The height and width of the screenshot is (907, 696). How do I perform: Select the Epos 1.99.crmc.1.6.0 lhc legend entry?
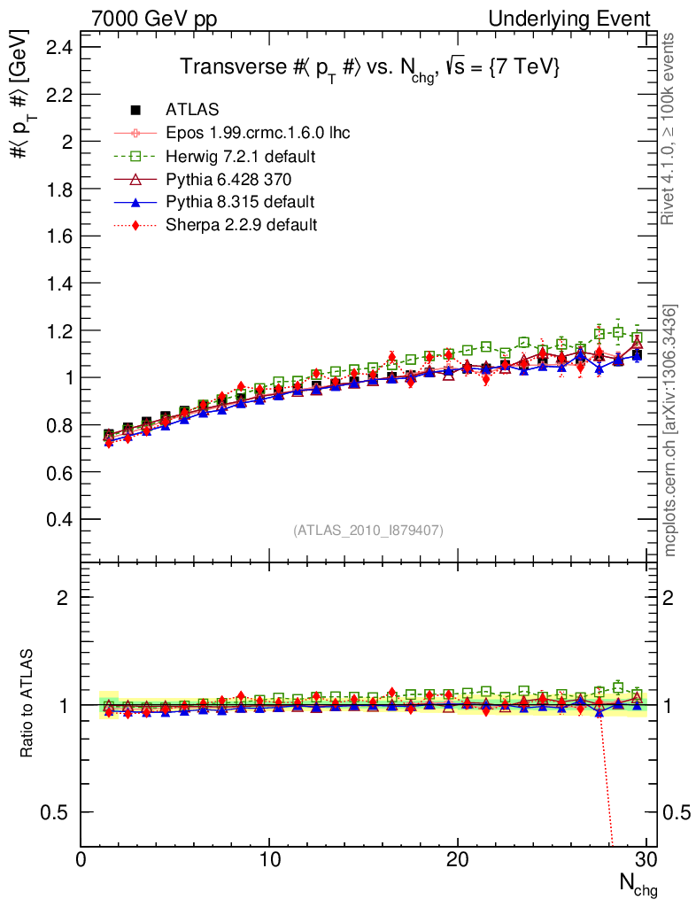tap(258, 133)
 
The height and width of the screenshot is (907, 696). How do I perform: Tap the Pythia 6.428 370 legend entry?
tap(228, 179)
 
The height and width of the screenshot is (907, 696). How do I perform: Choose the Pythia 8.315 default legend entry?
tap(240, 202)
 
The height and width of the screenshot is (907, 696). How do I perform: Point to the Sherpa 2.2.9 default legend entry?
tap(241, 225)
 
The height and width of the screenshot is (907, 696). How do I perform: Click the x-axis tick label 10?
tap(270, 860)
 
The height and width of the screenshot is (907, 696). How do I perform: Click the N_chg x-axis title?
tap(637, 883)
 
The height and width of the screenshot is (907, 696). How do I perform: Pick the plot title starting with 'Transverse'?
tap(370, 68)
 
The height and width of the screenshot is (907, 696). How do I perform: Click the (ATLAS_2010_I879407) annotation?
tap(368, 530)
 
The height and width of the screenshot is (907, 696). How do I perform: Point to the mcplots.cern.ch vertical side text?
tap(671, 430)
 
